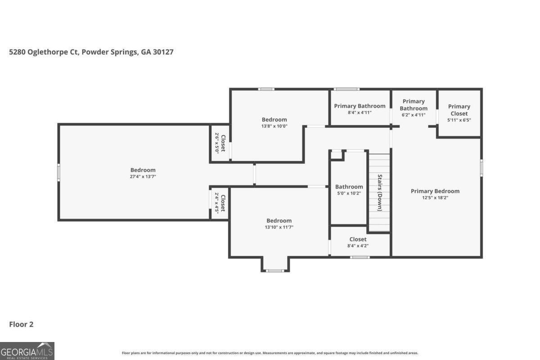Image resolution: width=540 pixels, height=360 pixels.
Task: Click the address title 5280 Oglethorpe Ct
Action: point(91,52)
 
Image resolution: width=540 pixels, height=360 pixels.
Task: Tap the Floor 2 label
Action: point(21,324)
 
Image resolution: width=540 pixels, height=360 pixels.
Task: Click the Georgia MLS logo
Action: point(27,351)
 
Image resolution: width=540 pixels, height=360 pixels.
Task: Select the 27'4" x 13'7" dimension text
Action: point(143,176)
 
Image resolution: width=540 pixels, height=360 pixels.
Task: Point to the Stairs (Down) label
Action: point(380,193)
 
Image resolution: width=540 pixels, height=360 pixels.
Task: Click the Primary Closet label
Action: point(459,110)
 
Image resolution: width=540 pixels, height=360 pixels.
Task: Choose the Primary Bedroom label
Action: point(435,191)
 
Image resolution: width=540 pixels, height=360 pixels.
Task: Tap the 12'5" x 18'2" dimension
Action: point(435,198)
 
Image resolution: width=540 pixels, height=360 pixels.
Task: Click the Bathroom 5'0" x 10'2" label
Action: point(349,190)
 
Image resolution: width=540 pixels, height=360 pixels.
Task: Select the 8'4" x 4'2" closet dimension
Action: point(358,246)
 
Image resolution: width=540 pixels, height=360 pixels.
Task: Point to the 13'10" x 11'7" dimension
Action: point(279,227)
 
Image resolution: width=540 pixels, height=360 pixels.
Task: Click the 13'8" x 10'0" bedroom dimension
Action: point(274,126)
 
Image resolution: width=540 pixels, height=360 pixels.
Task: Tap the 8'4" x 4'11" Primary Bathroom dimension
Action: point(360,112)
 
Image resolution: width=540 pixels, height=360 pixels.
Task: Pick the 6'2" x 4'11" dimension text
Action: point(414,115)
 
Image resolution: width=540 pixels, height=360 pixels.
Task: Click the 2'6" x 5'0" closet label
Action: point(217,143)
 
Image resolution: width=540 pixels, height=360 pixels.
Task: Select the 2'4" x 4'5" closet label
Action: point(217,203)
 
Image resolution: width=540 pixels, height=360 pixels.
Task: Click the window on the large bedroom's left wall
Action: point(58,172)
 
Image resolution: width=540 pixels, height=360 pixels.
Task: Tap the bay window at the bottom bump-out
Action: point(275,271)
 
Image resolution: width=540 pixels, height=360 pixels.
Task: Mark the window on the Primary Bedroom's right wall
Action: point(481,168)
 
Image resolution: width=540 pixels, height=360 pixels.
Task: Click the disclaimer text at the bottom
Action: point(270,353)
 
